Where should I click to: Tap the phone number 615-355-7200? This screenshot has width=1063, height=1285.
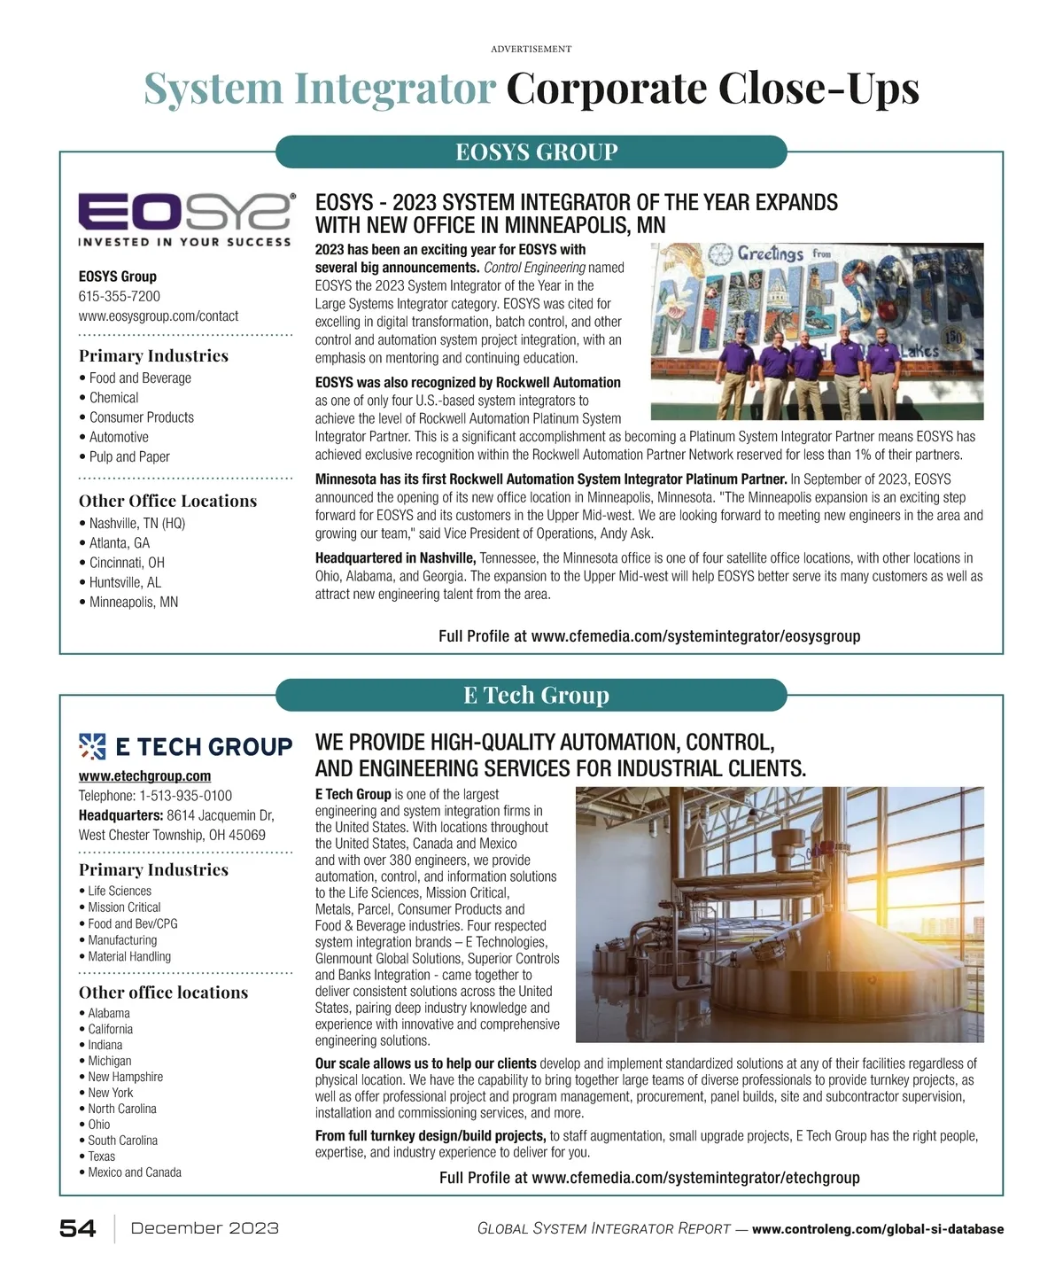tap(120, 296)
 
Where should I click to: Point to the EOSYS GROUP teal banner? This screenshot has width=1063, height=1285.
tap(531, 152)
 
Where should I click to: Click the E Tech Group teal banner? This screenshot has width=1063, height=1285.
tap(531, 695)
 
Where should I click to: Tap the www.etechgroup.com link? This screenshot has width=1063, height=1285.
tap(144, 776)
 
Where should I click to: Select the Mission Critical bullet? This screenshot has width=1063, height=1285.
tap(124, 907)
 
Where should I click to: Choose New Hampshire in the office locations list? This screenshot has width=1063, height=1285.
tap(125, 1077)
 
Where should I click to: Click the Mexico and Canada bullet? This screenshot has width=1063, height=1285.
tap(135, 1172)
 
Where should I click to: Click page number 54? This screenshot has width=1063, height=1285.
tap(78, 1228)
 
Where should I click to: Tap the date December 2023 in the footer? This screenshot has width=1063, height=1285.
tap(205, 1228)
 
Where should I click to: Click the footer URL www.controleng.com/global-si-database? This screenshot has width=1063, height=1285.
tap(877, 1229)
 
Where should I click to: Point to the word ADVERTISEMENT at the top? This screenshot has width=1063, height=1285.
tap(531, 49)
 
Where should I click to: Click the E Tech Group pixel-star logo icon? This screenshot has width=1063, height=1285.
tap(92, 747)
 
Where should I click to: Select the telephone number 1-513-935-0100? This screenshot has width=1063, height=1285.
tap(185, 796)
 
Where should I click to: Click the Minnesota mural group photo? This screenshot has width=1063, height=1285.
tap(817, 331)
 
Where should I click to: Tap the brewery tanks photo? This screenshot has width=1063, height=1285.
tap(780, 914)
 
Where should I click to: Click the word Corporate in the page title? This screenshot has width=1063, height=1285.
tap(606, 89)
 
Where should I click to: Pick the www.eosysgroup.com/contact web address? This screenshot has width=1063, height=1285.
tap(159, 315)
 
